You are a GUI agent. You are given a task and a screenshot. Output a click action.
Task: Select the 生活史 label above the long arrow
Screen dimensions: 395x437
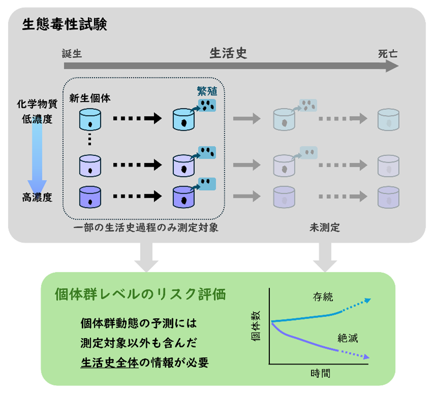click(x=228, y=53)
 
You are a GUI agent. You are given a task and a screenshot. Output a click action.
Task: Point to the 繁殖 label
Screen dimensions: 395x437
click(x=207, y=91)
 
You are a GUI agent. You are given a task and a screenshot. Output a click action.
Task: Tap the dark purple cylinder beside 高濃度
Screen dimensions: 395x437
click(x=90, y=197)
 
